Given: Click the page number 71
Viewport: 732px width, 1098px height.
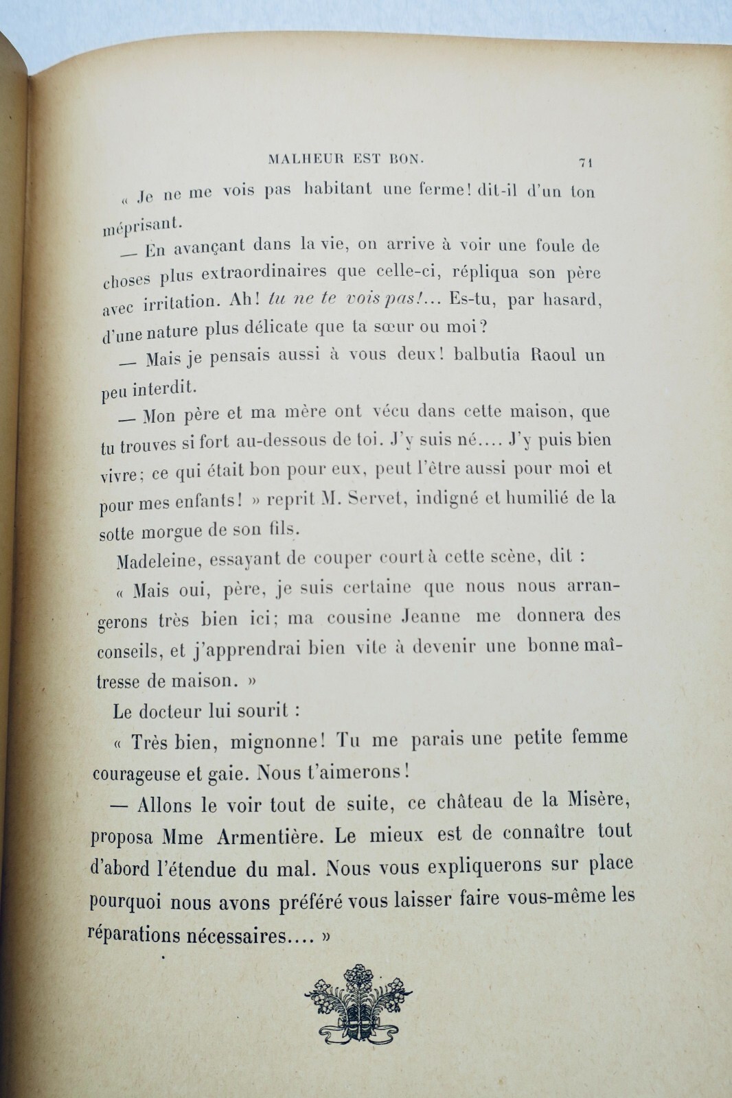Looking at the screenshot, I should [x=586, y=163].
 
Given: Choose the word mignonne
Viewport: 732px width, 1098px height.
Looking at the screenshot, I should [x=271, y=740].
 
